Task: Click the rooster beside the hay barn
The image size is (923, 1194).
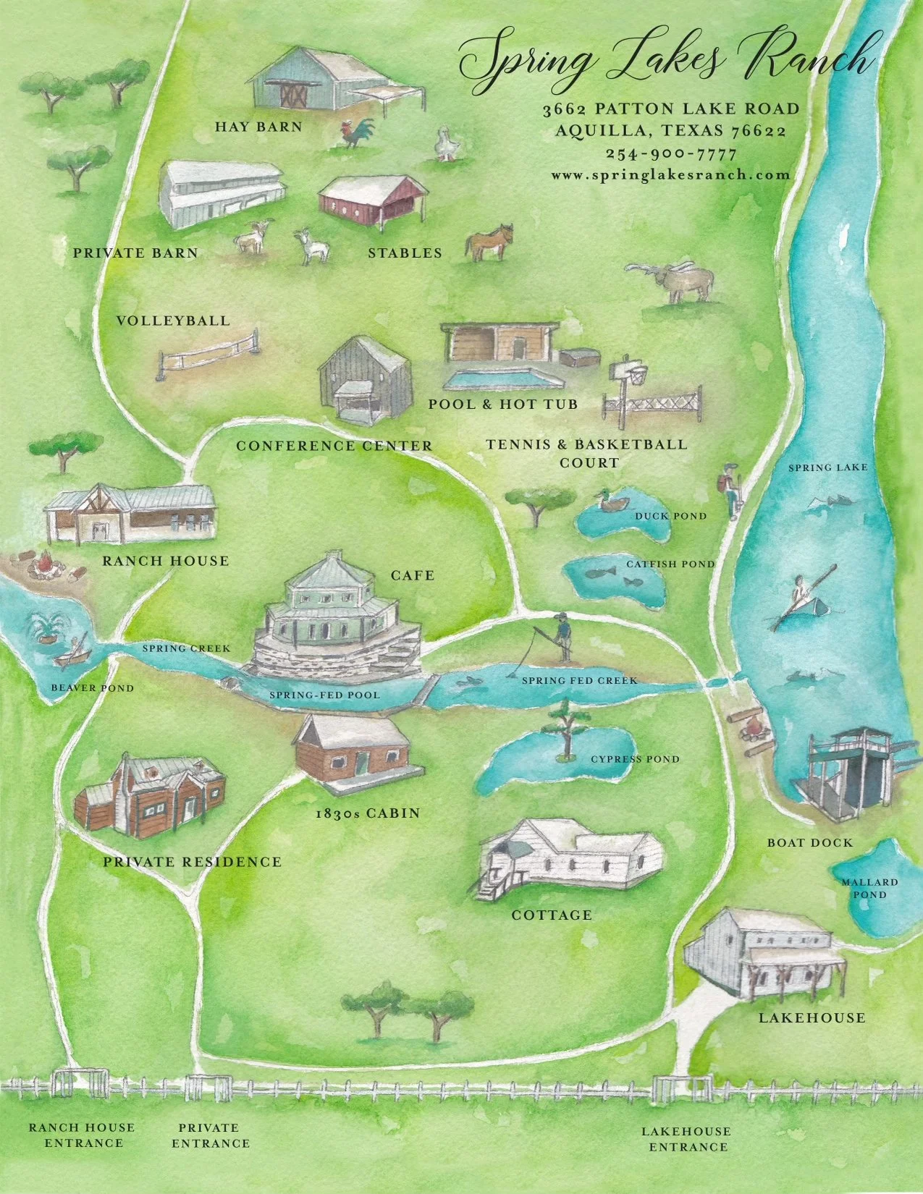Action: [358, 132]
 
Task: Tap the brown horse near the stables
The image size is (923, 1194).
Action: [490, 242]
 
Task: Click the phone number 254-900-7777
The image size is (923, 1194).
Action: [671, 153]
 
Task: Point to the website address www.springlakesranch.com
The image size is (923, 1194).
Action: [670, 174]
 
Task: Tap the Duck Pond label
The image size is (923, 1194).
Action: [670, 516]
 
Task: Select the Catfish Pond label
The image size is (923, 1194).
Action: [670, 564]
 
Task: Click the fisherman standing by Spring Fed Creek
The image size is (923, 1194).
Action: [560, 636]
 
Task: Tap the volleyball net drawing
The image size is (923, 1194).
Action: [208, 354]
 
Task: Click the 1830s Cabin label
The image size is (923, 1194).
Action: [368, 813]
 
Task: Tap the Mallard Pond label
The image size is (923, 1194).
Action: [869, 888]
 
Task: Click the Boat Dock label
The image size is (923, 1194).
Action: [809, 842]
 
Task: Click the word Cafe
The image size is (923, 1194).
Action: [413, 575]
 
